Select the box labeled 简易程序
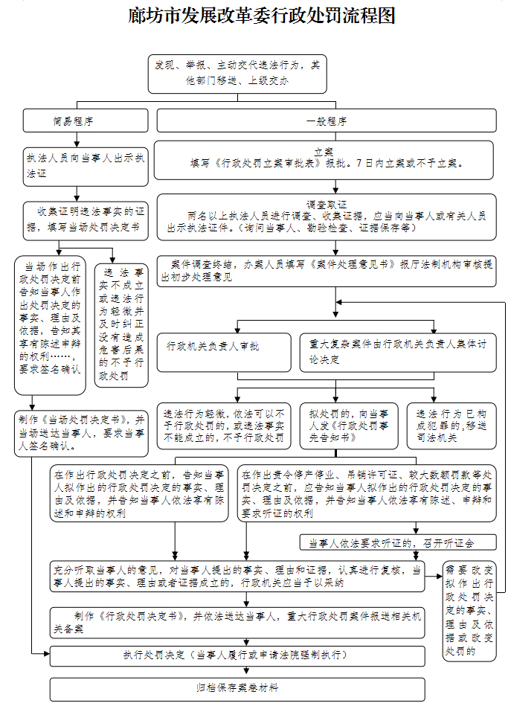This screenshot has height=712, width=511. point(73,121)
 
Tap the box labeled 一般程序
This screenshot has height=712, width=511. point(326,121)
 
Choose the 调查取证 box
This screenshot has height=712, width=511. point(324,216)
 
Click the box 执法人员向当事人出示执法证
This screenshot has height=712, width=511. point(87,165)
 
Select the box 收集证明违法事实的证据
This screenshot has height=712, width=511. point(87,219)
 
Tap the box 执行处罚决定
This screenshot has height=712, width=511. point(237,655)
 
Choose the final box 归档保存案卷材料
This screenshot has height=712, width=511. point(237,688)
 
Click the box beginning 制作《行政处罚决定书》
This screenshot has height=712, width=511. point(237,623)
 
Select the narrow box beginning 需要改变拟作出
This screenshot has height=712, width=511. point(469,612)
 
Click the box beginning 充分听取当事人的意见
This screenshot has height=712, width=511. point(237,576)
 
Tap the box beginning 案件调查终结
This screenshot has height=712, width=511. point(324,269)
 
